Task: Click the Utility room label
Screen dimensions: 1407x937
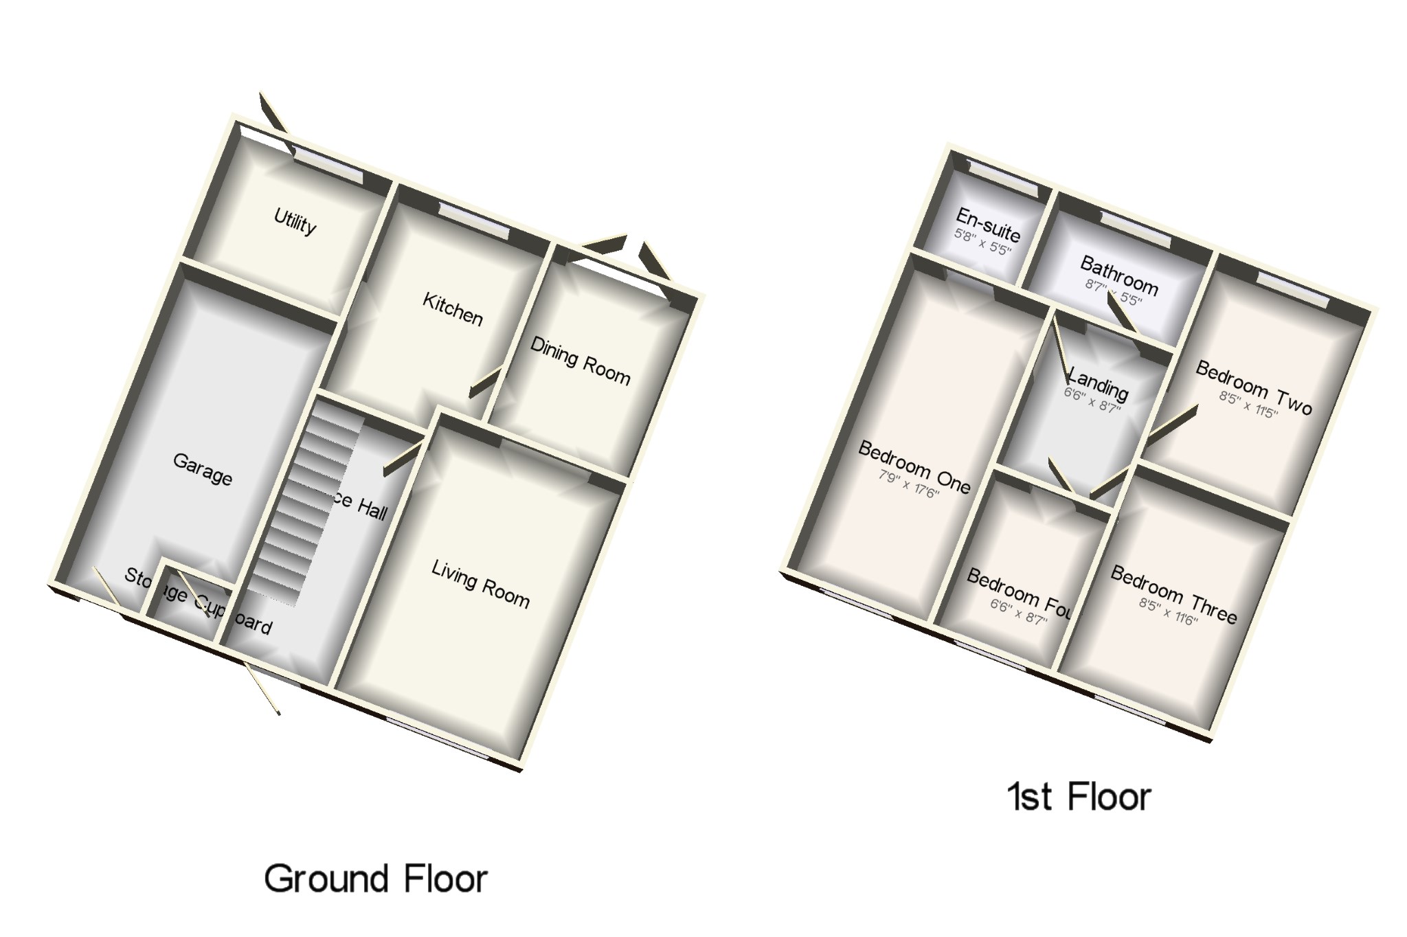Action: point(295,222)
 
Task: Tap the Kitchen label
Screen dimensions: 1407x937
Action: point(452,309)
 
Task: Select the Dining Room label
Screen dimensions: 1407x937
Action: point(580,361)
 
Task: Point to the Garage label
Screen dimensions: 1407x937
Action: point(202,468)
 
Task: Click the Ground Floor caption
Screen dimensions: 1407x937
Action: point(375,879)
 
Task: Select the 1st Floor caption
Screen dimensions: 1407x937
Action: point(1079,797)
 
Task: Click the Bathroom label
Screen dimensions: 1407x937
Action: point(1118,274)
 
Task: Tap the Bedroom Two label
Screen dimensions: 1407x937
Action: point(1254,387)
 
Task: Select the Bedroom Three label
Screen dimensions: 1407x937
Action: point(1173,594)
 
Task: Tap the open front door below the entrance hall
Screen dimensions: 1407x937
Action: point(264,689)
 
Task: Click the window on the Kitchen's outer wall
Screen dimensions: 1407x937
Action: point(473,221)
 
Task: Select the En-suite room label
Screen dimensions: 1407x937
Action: point(988,225)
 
